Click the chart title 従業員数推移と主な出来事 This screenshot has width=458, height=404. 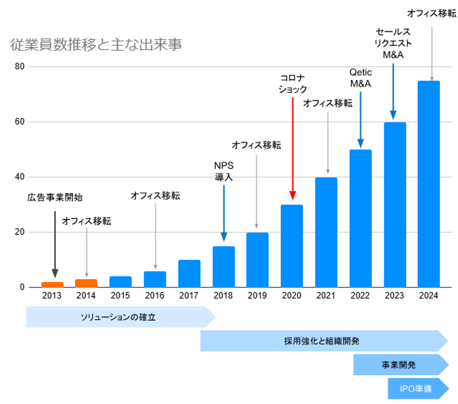coord(96,44)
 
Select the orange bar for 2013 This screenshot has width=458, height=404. coord(52,284)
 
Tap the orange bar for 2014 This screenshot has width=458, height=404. coord(86,283)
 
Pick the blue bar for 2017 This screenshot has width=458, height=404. coord(189,274)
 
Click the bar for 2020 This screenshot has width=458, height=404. coord(292,246)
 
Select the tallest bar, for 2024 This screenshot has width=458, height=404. coord(428,184)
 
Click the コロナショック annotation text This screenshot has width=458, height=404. coord(293,84)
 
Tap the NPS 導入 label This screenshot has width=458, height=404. coord(224,171)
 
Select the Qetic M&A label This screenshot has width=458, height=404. coord(360,78)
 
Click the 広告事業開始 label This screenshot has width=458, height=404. coord(55,197)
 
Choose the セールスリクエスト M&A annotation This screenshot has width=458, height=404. coord(393,43)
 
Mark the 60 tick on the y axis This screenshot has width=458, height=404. coord(20,122)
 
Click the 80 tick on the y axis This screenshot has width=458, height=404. coord(20,66)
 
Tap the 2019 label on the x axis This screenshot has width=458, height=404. coord(257,296)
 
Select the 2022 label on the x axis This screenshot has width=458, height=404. coord(360,296)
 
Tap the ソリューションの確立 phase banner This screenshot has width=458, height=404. coord(118,317)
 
